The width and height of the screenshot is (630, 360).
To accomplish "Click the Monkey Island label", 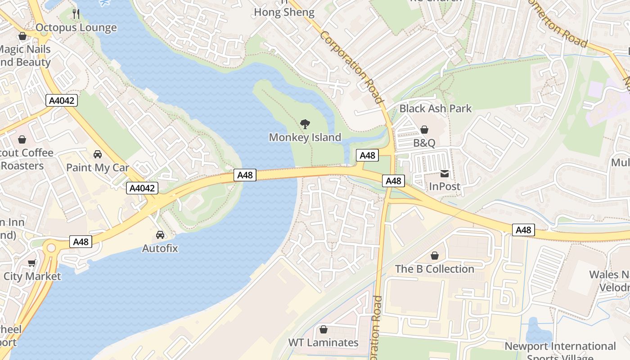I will (x=305, y=137).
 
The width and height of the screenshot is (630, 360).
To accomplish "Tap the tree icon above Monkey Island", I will (x=305, y=124).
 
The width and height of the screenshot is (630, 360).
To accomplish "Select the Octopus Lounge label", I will (x=76, y=28).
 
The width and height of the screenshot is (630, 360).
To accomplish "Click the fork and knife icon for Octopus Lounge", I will (x=76, y=14).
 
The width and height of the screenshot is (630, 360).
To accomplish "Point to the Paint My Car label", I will (x=98, y=168).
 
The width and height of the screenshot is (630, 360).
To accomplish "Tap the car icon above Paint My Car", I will (x=98, y=154).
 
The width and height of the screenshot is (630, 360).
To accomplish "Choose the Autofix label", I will (x=160, y=248).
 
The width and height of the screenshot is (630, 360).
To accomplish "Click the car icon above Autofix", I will (x=160, y=234).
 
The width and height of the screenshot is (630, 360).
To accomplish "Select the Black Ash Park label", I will (x=436, y=108).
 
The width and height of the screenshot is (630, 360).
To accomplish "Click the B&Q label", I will (x=424, y=143).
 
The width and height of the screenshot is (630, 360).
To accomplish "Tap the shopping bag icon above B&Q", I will (x=424, y=130).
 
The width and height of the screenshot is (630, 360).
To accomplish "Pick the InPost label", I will (x=445, y=186).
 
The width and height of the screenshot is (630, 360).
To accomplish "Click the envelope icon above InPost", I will (x=445, y=173).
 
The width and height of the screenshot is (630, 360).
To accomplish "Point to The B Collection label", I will (x=435, y=269).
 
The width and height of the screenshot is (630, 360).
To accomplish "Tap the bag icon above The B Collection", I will (x=435, y=256).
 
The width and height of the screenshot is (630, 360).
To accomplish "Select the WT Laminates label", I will (x=323, y=342).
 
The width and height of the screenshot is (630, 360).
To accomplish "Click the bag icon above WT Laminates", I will (x=323, y=329).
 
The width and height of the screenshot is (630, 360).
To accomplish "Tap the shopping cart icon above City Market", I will (x=31, y=263).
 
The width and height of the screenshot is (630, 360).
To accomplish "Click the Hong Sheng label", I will (x=284, y=12).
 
